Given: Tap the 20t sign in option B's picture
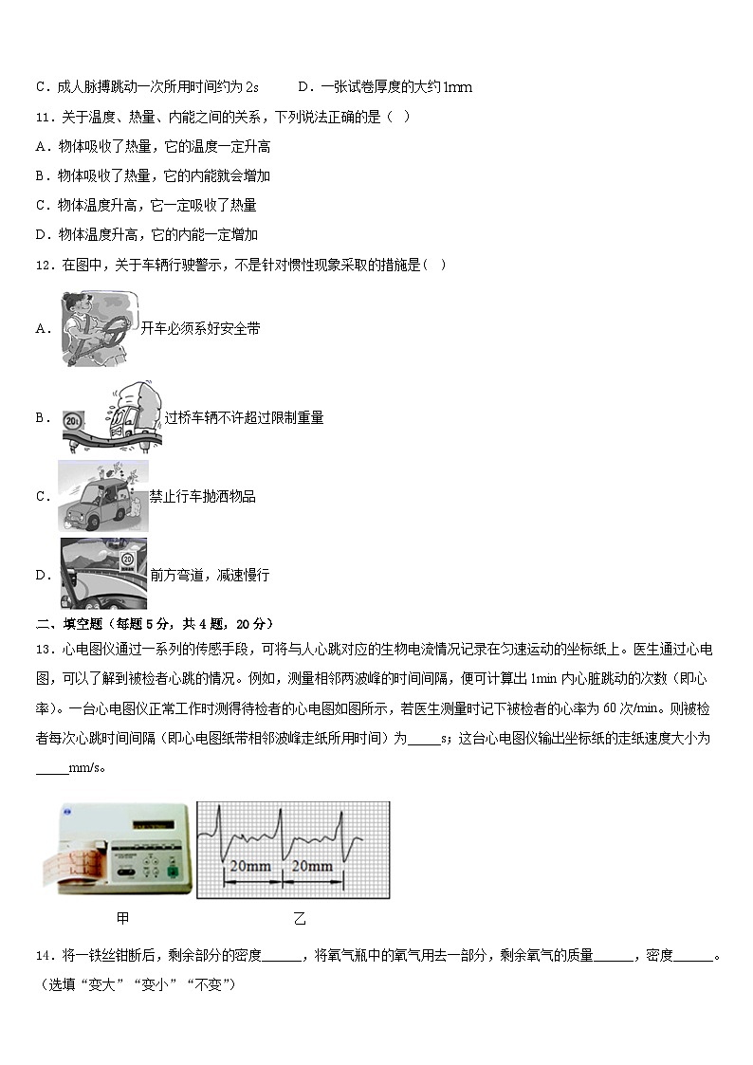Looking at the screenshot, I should point(71,418).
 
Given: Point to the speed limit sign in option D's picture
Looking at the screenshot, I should point(127,560).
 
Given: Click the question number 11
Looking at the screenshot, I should point(44,117).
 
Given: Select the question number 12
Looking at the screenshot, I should point(44,265).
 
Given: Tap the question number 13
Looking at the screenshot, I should point(44,650).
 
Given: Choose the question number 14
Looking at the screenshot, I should point(44,955).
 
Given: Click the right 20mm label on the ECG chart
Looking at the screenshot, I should point(312,866).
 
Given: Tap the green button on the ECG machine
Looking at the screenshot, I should point(172,870).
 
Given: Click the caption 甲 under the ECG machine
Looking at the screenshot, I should point(122,918).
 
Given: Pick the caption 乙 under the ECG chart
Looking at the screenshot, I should point(300,918).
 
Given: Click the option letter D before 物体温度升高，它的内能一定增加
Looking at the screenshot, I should point(42,234).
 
